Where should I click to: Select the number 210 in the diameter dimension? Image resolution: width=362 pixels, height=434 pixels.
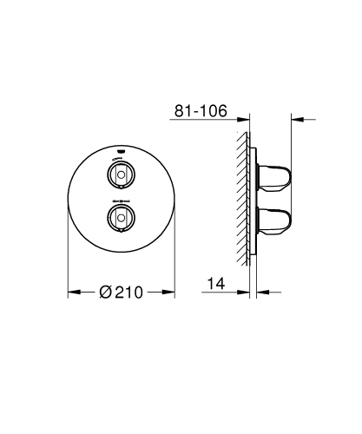128,293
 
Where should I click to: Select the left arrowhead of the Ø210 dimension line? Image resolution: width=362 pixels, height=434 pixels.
72,293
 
